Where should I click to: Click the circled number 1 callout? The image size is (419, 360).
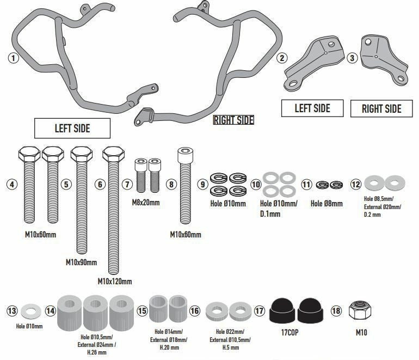click(14, 58)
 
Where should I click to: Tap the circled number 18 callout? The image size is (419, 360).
click(336, 310)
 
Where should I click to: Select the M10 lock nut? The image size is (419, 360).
click(360, 310)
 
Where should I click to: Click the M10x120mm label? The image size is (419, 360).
click(115, 282)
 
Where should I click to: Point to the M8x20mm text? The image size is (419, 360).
click(146, 203)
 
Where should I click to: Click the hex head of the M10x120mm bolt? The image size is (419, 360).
click(113, 154)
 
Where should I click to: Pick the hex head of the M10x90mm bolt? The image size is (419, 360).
click(82, 154)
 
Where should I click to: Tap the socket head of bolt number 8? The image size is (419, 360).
click(185, 155)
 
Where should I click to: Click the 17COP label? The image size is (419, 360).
click(289, 332)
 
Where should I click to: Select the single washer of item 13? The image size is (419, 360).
click(31, 312)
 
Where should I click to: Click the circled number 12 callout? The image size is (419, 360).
click(356, 184)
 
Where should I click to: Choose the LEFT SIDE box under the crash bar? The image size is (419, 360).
click(72, 128)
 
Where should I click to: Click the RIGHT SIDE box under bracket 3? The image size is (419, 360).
click(381, 108)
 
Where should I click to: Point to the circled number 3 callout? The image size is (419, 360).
click(352, 58)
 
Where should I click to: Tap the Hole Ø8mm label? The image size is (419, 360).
click(326, 204)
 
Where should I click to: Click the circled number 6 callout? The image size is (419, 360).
click(100, 184)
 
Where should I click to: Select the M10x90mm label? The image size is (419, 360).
click(81, 263)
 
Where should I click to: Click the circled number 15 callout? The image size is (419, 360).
click(142, 310)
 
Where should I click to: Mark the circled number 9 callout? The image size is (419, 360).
click(203, 184)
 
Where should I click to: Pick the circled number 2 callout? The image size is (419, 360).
click(282, 58)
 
